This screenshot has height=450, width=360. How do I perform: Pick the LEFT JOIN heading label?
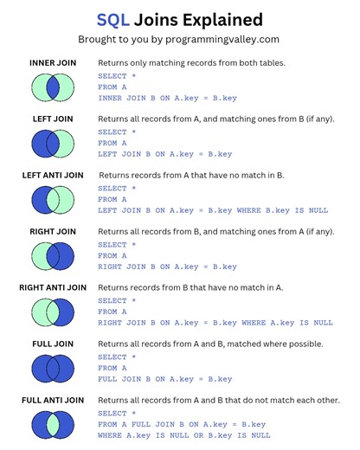point(54,120)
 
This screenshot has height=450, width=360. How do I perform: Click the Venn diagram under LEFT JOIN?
point(54,143)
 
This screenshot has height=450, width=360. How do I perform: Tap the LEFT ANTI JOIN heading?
point(54,176)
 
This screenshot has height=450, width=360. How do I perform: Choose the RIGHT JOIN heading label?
point(54,232)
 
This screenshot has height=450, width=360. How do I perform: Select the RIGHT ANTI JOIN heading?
point(54,287)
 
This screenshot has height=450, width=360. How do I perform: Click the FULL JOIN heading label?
point(54,344)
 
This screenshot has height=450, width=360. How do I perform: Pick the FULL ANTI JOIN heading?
point(54,400)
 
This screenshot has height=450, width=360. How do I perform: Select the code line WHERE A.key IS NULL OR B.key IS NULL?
point(183,435)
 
